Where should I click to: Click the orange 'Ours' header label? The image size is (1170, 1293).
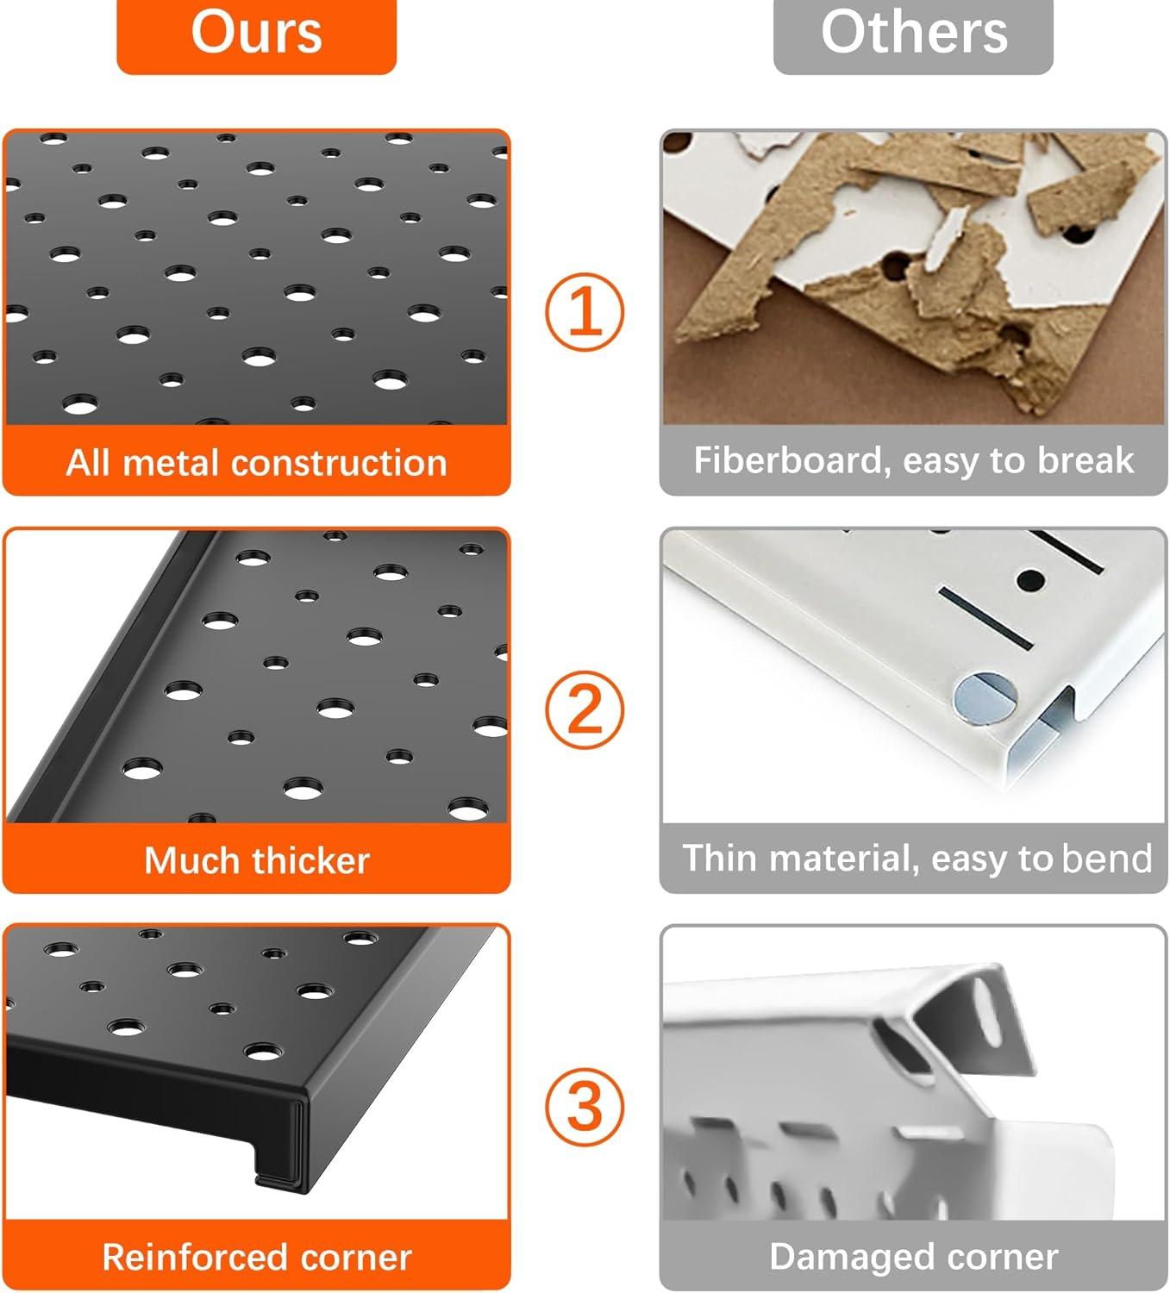coord(256,34)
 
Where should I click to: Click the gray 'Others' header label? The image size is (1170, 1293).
coord(913,34)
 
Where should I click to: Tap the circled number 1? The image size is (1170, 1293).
coord(585,311)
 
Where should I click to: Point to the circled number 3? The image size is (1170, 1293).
coord(585,1106)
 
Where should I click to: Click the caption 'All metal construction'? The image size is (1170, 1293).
coord(256,463)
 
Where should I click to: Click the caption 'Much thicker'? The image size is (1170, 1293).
coord(256,860)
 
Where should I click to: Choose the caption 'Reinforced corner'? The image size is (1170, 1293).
coord(256,1258)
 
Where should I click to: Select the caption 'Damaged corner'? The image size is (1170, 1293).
coord(913,1257)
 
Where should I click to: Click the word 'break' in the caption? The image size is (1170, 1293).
coord(1086,461)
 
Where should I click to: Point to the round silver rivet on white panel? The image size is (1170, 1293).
coord(984,696)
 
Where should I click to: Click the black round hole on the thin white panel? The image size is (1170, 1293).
coord(1029,579)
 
